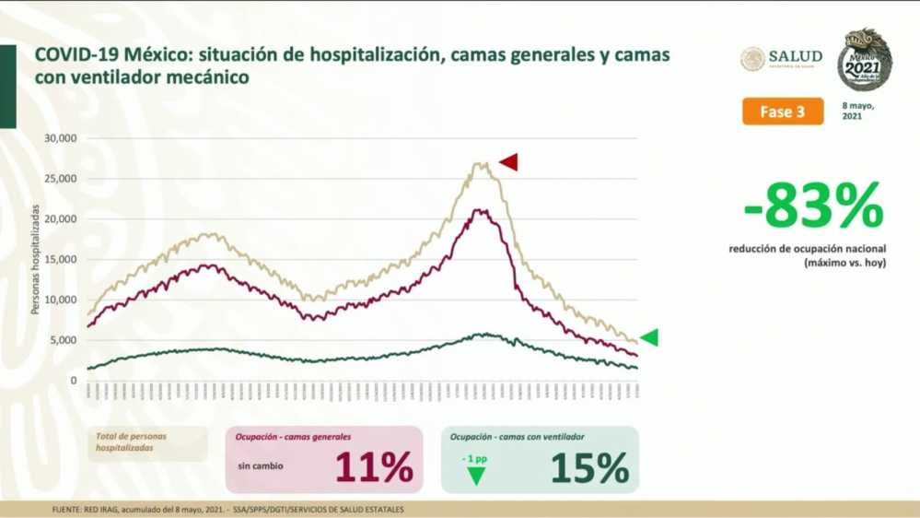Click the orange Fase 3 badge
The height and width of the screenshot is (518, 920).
click(x=782, y=112)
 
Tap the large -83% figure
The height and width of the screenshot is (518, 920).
click(x=813, y=206)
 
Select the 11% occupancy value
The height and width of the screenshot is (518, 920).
click(x=373, y=467)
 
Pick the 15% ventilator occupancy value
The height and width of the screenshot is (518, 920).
click(x=589, y=467)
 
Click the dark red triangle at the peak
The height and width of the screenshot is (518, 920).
click(x=508, y=163)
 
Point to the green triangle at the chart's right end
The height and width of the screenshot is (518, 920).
click(x=649, y=338)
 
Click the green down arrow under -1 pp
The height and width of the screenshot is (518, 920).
click(x=476, y=476)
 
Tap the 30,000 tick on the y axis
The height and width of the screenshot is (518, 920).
click(x=62, y=138)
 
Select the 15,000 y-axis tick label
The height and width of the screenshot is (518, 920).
click(x=62, y=259)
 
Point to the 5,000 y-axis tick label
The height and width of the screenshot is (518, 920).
click(x=64, y=340)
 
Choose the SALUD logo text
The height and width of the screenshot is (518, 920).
click(x=794, y=56)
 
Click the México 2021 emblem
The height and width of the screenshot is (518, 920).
click(x=864, y=59)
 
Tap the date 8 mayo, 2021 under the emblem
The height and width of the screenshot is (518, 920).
click(x=857, y=112)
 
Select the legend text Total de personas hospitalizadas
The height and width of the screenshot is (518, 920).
click(x=138, y=442)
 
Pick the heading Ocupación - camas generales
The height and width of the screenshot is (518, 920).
click(x=291, y=437)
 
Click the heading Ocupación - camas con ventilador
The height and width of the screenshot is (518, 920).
click(x=518, y=437)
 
